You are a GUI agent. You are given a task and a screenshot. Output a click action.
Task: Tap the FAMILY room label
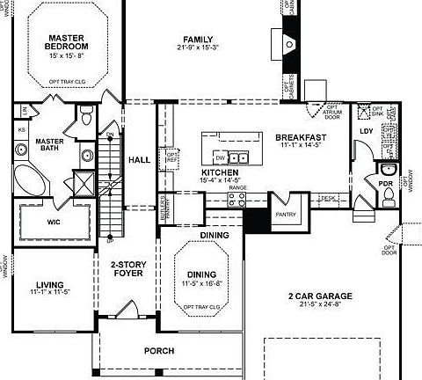(x=200, y=39)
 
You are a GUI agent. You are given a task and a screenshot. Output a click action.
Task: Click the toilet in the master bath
(x=85, y=115)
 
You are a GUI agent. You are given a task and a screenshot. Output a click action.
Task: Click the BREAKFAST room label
(x=301, y=138)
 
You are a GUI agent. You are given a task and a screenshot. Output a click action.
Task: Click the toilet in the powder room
(x=386, y=171)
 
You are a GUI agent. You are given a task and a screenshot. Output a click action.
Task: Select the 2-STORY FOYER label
(x=127, y=269)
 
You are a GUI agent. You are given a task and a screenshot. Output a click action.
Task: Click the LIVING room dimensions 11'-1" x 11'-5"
(x=50, y=290)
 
